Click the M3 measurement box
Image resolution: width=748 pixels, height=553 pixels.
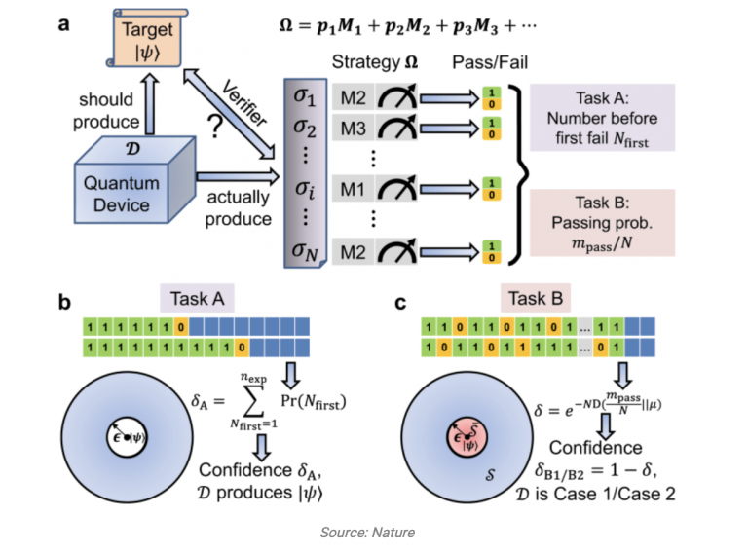tap(353, 126)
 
